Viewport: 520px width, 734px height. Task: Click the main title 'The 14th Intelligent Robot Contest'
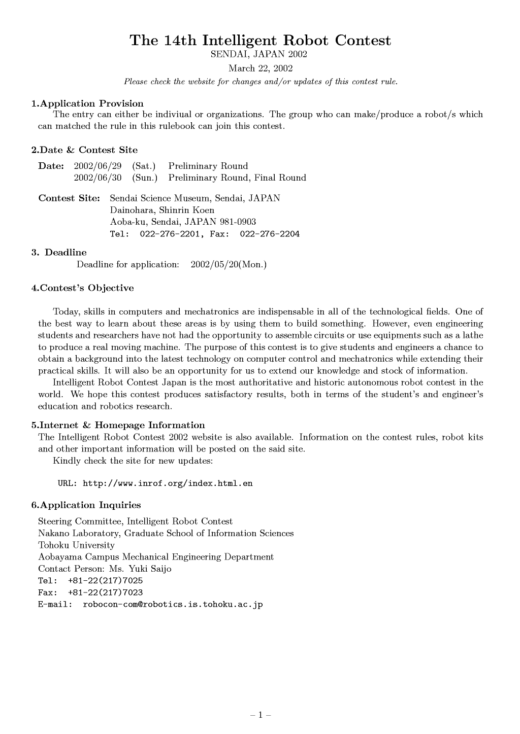[260, 41]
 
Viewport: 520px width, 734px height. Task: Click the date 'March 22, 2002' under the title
[260, 68]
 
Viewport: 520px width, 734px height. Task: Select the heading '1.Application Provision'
[87, 103]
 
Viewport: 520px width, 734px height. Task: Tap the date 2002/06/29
[98, 166]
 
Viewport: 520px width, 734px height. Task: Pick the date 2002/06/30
[98, 178]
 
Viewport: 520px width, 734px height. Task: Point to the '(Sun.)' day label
[145, 178]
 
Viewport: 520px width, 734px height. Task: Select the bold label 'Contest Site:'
[69, 198]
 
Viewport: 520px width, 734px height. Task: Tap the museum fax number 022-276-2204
[270, 234]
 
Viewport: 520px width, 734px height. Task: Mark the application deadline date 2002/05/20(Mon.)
[229, 264]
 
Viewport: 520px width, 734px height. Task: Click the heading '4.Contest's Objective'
[83, 288]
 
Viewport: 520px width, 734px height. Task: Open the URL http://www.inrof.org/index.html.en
[168, 483]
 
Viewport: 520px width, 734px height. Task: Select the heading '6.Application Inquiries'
[86, 505]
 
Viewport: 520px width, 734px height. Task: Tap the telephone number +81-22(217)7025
[105, 581]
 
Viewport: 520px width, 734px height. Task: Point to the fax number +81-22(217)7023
[105, 592]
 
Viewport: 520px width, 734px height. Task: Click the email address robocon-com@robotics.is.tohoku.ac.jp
[173, 605]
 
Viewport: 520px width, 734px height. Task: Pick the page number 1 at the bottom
[261, 715]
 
